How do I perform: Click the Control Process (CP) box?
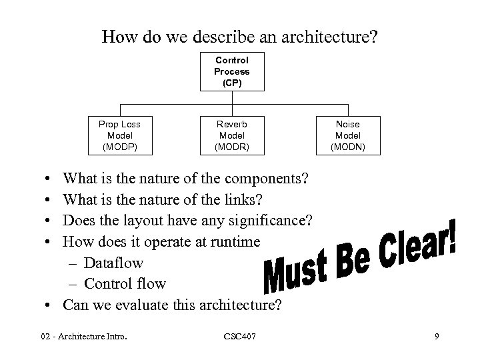tap(231, 71)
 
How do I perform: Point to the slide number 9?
tap(436, 337)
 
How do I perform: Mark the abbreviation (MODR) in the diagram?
tap(232, 145)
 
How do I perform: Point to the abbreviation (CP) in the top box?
tap(231, 83)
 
